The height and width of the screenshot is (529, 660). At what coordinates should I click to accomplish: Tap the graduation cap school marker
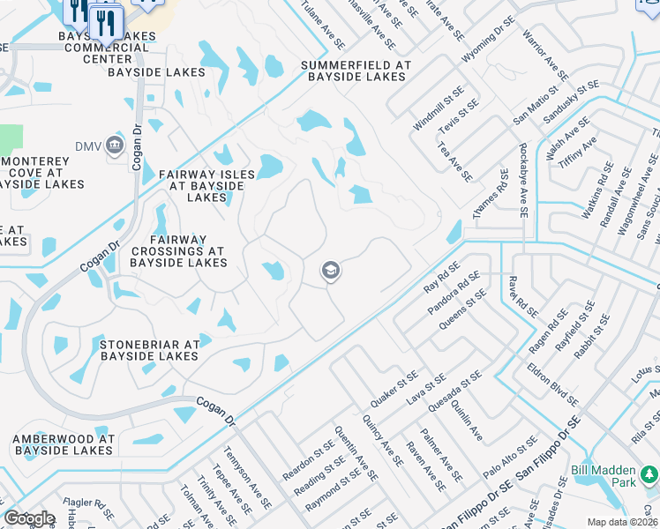click(x=331, y=272)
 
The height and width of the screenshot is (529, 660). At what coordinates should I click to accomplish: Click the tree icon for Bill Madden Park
click(x=649, y=476)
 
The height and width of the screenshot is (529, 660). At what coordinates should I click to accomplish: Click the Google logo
click(x=28, y=518)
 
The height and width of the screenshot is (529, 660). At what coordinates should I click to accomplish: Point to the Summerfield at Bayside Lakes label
click(x=356, y=71)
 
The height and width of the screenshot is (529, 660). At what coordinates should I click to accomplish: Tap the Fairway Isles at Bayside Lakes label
click(x=206, y=186)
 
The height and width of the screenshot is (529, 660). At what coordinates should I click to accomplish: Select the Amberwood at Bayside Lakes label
click(x=63, y=444)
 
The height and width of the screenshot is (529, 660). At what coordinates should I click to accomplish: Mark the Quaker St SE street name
click(x=394, y=388)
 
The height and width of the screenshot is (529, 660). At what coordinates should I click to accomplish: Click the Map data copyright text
click(x=621, y=522)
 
